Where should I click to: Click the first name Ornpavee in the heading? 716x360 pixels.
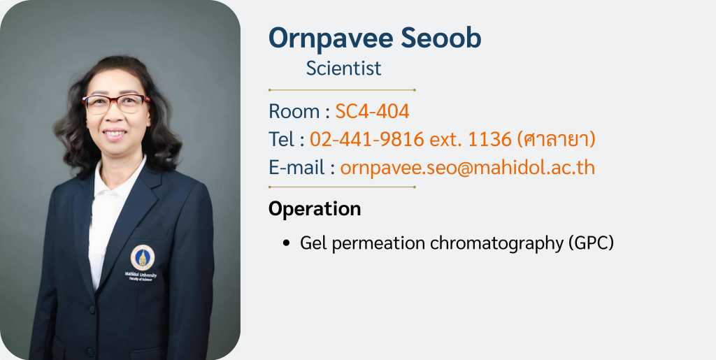tap(331, 38)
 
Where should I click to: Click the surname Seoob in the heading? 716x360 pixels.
tap(441, 38)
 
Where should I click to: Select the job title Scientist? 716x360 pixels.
tap(343, 69)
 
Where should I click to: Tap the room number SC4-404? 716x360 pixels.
tap(372, 111)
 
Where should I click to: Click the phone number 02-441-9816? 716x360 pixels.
tap(366, 139)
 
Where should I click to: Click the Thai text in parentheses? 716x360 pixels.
tap(556, 139)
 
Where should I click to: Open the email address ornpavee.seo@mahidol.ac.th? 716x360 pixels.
tap(468, 168)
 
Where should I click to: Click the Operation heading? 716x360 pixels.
tap(315, 209)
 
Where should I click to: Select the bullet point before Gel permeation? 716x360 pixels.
tap(286, 243)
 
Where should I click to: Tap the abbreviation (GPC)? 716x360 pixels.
tap(592, 243)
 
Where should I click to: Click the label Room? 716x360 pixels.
tap(294, 111)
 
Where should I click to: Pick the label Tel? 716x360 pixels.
tap(280, 139)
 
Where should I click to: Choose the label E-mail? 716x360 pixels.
tap(296, 168)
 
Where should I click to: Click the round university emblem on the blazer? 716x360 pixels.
tap(143, 258)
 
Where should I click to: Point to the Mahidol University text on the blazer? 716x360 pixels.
tap(141, 275)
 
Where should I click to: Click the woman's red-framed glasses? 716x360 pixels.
tap(116, 103)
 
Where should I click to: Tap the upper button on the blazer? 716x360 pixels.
tap(92, 310)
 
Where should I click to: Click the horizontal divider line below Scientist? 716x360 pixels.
tap(342, 90)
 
